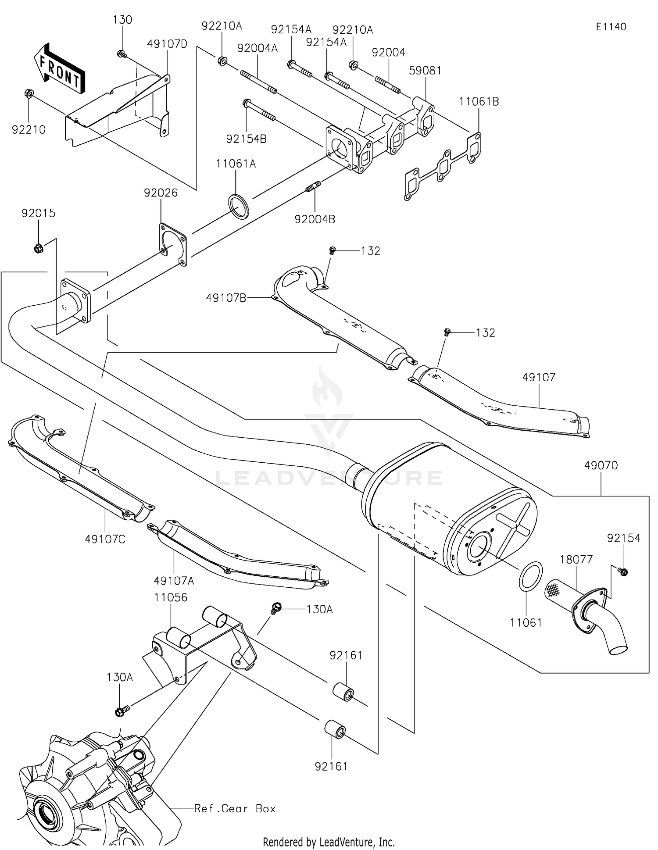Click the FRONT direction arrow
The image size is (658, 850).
point(59,69)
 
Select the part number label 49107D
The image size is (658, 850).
point(167,44)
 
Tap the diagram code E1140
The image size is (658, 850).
point(611,27)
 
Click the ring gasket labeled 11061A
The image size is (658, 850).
point(238,206)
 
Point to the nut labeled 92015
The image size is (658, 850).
point(38,249)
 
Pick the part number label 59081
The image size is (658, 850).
point(425,71)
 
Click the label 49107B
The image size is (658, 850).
point(226,298)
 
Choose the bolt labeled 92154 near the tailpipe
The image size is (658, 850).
point(622,571)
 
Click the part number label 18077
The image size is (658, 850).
point(576,560)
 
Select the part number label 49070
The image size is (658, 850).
point(601,465)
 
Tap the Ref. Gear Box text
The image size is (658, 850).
point(235,809)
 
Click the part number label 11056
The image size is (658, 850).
point(171,597)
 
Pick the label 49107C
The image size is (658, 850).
point(105,539)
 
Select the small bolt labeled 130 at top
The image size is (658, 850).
point(122,54)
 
